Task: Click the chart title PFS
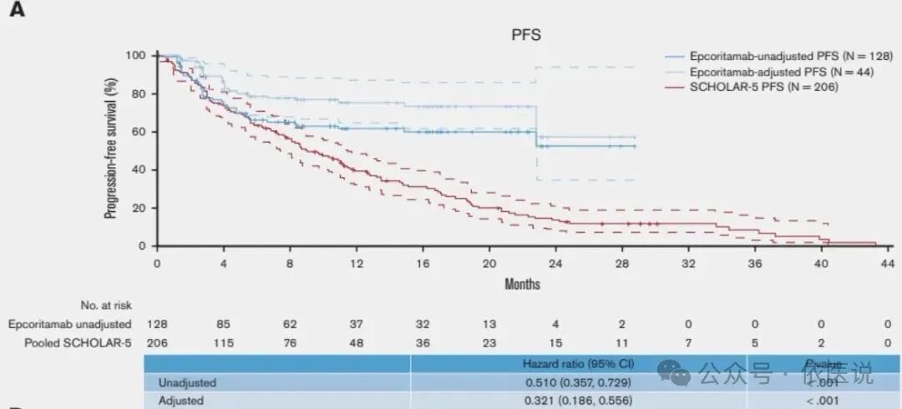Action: (x=526, y=34)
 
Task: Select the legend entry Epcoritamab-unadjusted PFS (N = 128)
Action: (x=780, y=57)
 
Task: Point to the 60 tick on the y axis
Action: (x=140, y=132)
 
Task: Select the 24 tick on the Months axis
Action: (x=555, y=263)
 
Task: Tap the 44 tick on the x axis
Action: (x=887, y=263)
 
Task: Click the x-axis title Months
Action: (x=522, y=284)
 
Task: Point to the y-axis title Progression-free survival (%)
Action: (x=110, y=148)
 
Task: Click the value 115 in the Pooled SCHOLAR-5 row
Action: (x=224, y=341)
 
